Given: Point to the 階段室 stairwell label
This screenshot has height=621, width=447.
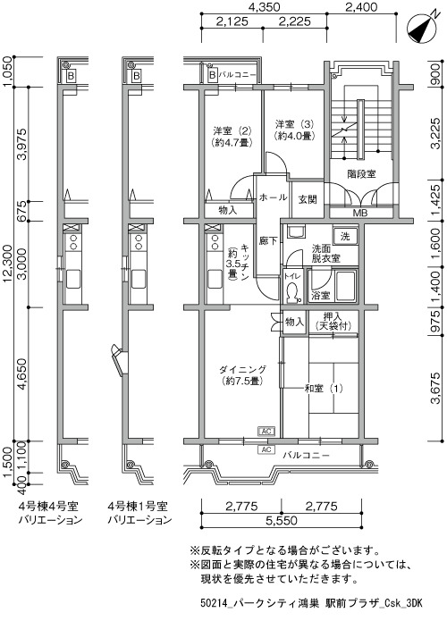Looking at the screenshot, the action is tap(361, 173).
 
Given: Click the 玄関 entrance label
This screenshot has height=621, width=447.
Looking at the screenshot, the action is tap(308, 199).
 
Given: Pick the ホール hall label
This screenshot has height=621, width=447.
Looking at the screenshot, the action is tap(273, 197).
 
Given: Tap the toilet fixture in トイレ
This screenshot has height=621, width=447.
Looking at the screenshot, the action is tap(293, 293).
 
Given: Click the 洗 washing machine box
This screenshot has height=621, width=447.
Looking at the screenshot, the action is tap(345, 237).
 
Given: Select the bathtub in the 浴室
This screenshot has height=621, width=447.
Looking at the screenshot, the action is tap(345, 287).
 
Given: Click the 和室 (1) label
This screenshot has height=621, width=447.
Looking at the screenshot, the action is tap(324, 389).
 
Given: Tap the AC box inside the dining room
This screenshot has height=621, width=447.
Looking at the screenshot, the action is tap(266, 431).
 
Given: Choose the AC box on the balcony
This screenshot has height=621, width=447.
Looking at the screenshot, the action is tap(266, 449).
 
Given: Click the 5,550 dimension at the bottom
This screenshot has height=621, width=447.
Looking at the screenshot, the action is tap(281, 520).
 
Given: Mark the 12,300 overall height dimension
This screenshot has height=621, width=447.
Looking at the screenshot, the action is tap(7, 264).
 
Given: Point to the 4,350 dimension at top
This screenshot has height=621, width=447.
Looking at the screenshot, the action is tap(264, 7).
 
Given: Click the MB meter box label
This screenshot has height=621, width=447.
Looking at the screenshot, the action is tap(360, 213).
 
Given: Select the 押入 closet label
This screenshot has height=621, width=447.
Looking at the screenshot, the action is tap(333, 316).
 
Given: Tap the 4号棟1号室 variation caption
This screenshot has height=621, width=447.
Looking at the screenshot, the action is tap(138, 506).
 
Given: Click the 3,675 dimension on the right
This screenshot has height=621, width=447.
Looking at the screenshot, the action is tap(435, 388).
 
